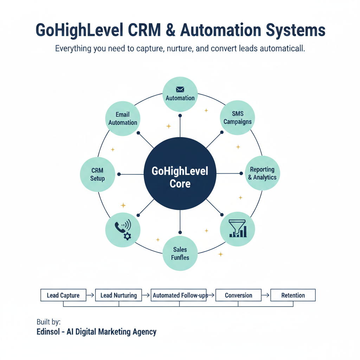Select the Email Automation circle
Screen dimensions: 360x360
click(123, 118)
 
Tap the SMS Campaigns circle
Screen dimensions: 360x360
click(237, 118)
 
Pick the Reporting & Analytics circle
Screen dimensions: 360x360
click(262, 173)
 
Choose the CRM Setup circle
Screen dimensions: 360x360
click(97, 174)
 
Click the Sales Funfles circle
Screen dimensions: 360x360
click(180, 253)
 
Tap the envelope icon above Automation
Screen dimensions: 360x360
click(180, 90)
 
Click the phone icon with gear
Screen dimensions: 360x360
click(123, 230)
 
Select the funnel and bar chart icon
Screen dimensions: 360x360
click(237, 229)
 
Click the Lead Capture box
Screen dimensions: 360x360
click(63, 295)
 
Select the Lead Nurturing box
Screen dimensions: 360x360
click(118, 295)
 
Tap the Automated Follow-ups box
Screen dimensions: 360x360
click(180, 295)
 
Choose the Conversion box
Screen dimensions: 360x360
click(238, 295)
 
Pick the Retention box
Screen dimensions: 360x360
click(293, 295)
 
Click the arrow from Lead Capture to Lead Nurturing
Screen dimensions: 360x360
click(90, 295)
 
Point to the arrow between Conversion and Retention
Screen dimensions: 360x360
click(265, 295)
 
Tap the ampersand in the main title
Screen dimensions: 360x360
click(169, 31)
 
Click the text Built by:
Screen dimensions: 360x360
click(49, 322)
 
